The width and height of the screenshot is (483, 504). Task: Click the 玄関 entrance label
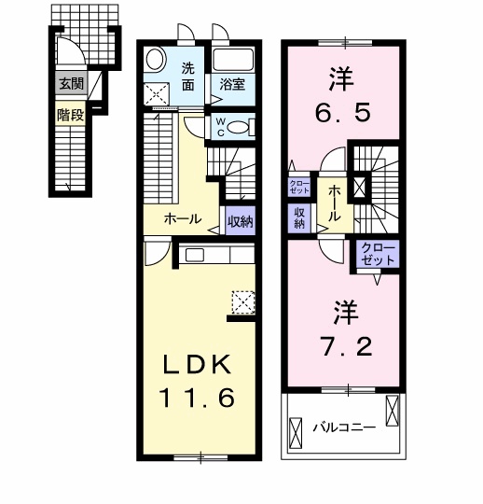coord(71,84)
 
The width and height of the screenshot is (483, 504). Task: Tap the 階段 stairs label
coord(71,115)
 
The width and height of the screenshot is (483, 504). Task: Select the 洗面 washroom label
coord(188,77)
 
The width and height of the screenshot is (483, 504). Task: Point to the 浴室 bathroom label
coord(232,85)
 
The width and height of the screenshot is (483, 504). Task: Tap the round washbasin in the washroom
coord(155,59)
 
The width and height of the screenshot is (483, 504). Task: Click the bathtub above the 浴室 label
coord(233,60)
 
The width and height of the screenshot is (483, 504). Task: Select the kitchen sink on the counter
coord(195,255)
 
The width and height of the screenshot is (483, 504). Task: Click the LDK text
coord(197,365)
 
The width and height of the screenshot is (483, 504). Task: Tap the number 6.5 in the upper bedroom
coord(342,113)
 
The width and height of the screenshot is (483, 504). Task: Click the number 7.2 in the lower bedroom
coord(347,346)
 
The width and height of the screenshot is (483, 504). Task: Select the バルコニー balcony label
coord(344,427)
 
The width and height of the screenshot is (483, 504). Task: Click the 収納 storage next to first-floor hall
coord(241,221)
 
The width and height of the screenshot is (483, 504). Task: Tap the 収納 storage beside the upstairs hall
coord(299,218)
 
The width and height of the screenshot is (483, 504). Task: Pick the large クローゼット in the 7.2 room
coord(378,254)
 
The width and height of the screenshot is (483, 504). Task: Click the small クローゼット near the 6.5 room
coord(299,187)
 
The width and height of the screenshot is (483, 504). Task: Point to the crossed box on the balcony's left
coord(296,433)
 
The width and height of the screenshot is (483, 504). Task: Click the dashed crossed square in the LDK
coord(243,302)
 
